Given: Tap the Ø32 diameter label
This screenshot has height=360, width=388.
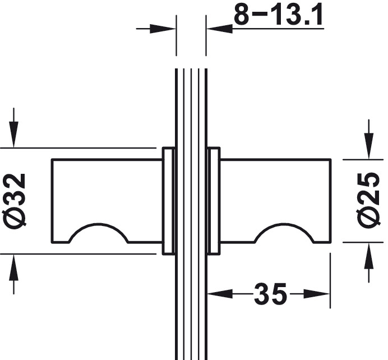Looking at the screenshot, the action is [14, 201].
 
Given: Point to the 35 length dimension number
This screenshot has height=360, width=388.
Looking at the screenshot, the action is [270, 294].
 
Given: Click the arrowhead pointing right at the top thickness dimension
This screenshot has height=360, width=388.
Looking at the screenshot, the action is [163, 29].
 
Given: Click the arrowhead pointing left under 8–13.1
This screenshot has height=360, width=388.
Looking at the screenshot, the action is [220, 29].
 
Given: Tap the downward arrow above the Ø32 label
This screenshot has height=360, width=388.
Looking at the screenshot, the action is [13, 128].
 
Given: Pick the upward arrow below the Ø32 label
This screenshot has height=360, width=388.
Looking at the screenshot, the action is [13, 274].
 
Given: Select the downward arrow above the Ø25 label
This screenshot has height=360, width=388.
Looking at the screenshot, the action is [369, 139].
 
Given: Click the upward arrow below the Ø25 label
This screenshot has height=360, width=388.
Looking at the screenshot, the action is [369, 263].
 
